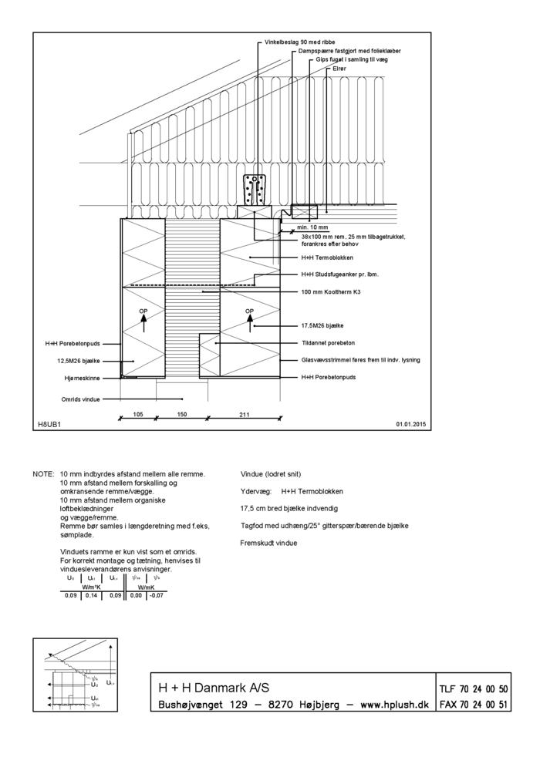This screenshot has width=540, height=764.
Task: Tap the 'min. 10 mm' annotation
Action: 312,228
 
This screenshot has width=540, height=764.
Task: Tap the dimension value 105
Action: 138,414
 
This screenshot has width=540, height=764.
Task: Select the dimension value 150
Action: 182,414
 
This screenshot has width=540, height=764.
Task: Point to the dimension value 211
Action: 245,414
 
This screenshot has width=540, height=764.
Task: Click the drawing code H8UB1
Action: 49,425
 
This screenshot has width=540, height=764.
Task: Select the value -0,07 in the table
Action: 157,595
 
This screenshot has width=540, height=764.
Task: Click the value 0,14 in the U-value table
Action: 91,595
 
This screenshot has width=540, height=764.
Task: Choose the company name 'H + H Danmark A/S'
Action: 214,688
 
